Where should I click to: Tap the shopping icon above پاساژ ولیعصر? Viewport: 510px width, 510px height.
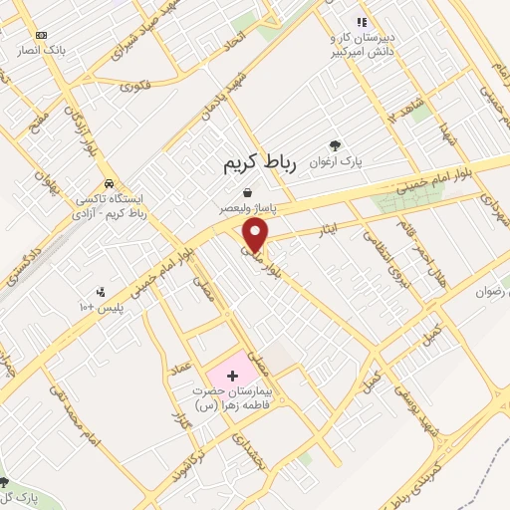point(247,192)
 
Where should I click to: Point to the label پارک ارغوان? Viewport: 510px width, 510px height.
point(333,159)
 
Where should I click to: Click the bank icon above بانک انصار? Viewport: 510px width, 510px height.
point(41,35)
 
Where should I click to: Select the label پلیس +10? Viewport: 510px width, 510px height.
point(102,308)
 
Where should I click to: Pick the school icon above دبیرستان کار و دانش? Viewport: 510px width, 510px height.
point(363,21)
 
